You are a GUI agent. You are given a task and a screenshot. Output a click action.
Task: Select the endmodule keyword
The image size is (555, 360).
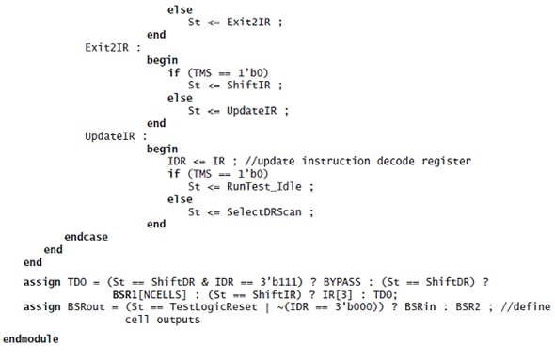click(30, 337)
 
